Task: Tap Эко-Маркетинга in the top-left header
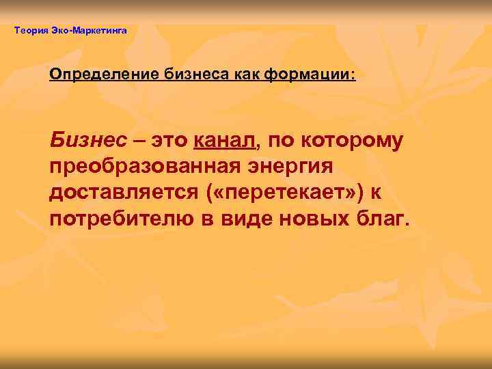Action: click(x=88, y=30)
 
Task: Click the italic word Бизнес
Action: click(x=88, y=141)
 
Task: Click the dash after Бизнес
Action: click(x=139, y=141)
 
